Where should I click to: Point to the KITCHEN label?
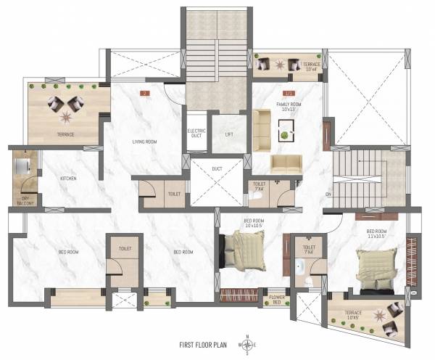pos(68,178)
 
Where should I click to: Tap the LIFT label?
pos(229,135)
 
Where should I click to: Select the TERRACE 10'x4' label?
pos(310,67)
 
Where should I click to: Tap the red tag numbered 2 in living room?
pos(145,94)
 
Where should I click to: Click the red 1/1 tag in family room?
pos(289,94)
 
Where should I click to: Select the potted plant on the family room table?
pos(286,135)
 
